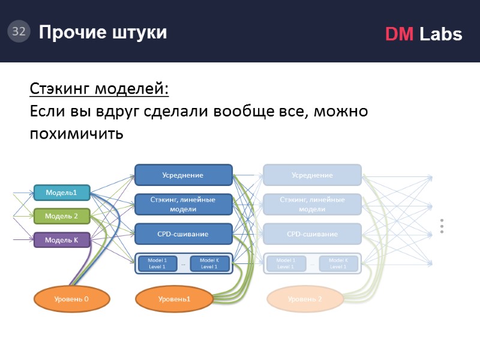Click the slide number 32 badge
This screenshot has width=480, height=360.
19,32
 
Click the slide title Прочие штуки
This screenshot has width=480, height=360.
103,32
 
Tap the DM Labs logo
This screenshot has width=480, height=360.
424,34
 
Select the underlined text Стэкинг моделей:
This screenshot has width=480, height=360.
100,89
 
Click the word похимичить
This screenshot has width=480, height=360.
76,133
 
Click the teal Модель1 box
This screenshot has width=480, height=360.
62,193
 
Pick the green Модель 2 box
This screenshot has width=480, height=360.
62,216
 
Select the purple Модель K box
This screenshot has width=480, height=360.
62,240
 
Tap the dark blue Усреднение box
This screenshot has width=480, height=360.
183,175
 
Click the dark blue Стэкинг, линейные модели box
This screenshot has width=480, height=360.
183,205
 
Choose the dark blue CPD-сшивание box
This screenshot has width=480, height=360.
183,234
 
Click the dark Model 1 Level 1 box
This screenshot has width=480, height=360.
157,263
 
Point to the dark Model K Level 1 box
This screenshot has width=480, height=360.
209,263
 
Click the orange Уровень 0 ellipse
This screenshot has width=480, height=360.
72,299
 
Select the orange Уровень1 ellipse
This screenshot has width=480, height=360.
174,299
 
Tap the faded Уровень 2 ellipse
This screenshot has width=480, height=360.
305,299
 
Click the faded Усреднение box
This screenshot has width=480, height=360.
312,175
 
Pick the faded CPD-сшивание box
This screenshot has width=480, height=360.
312,234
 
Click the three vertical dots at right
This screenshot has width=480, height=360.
442,226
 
